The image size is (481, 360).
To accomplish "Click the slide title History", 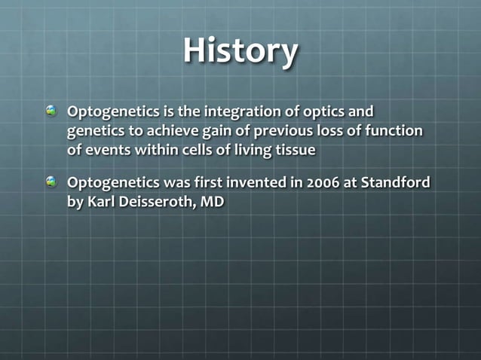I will (x=240, y=52).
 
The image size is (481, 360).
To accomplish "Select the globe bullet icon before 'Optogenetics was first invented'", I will (x=51, y=182).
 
